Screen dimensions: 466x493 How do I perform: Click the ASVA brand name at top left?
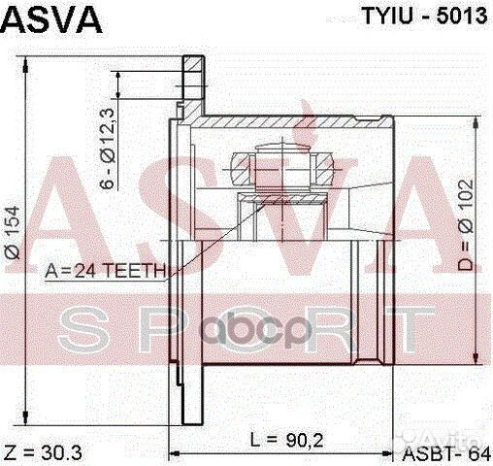coord(50,18)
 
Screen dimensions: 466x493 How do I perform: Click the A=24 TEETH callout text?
coord(106,271)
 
